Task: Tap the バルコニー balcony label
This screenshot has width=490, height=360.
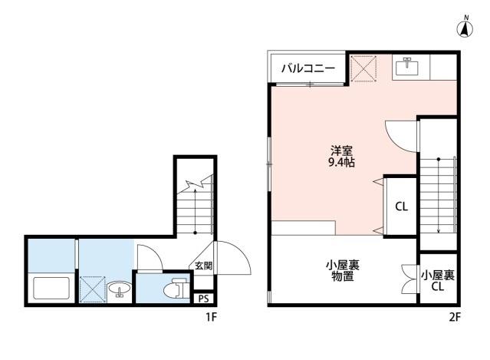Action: point(307,69)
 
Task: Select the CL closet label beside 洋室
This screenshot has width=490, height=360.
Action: point(401,206)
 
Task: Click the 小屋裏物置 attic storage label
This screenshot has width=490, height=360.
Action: point(343,271)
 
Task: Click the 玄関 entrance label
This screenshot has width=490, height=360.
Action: point(202,266)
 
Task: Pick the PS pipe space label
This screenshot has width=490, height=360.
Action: point(203,299)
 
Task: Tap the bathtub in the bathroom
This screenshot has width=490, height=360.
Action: point(52,289)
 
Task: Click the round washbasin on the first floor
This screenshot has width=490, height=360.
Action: point(118,289)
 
